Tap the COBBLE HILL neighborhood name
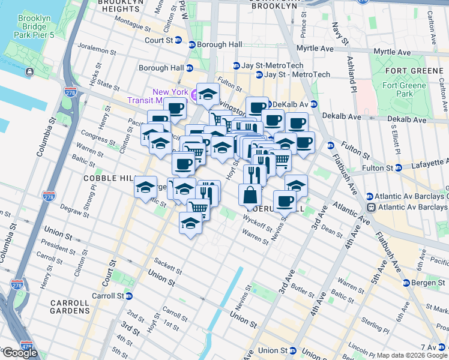[106, 179]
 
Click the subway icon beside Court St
[191, 44]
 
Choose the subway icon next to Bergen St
[406, 283]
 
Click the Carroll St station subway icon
[129, 296]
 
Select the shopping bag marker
[250, 195]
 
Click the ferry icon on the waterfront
[29, 72]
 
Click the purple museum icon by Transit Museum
[194, 95]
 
